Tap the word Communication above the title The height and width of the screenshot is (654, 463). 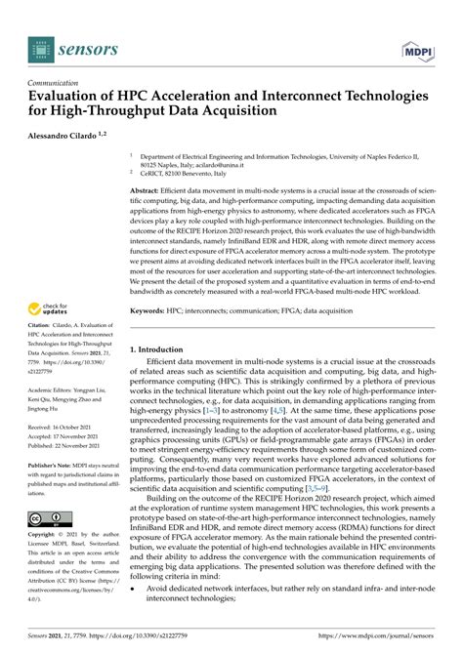(57, 84)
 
